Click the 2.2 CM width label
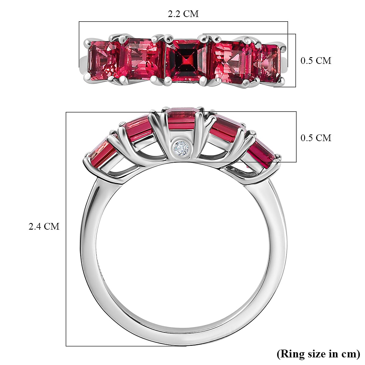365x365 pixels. tap(183, 14)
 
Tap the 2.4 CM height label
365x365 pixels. tap(44, 226)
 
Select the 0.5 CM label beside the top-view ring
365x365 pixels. tap(316, 61)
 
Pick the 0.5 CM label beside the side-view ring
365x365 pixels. tap(316, 138)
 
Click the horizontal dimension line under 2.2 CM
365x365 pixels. tap(183, 22)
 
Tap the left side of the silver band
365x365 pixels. tap(88, 243)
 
